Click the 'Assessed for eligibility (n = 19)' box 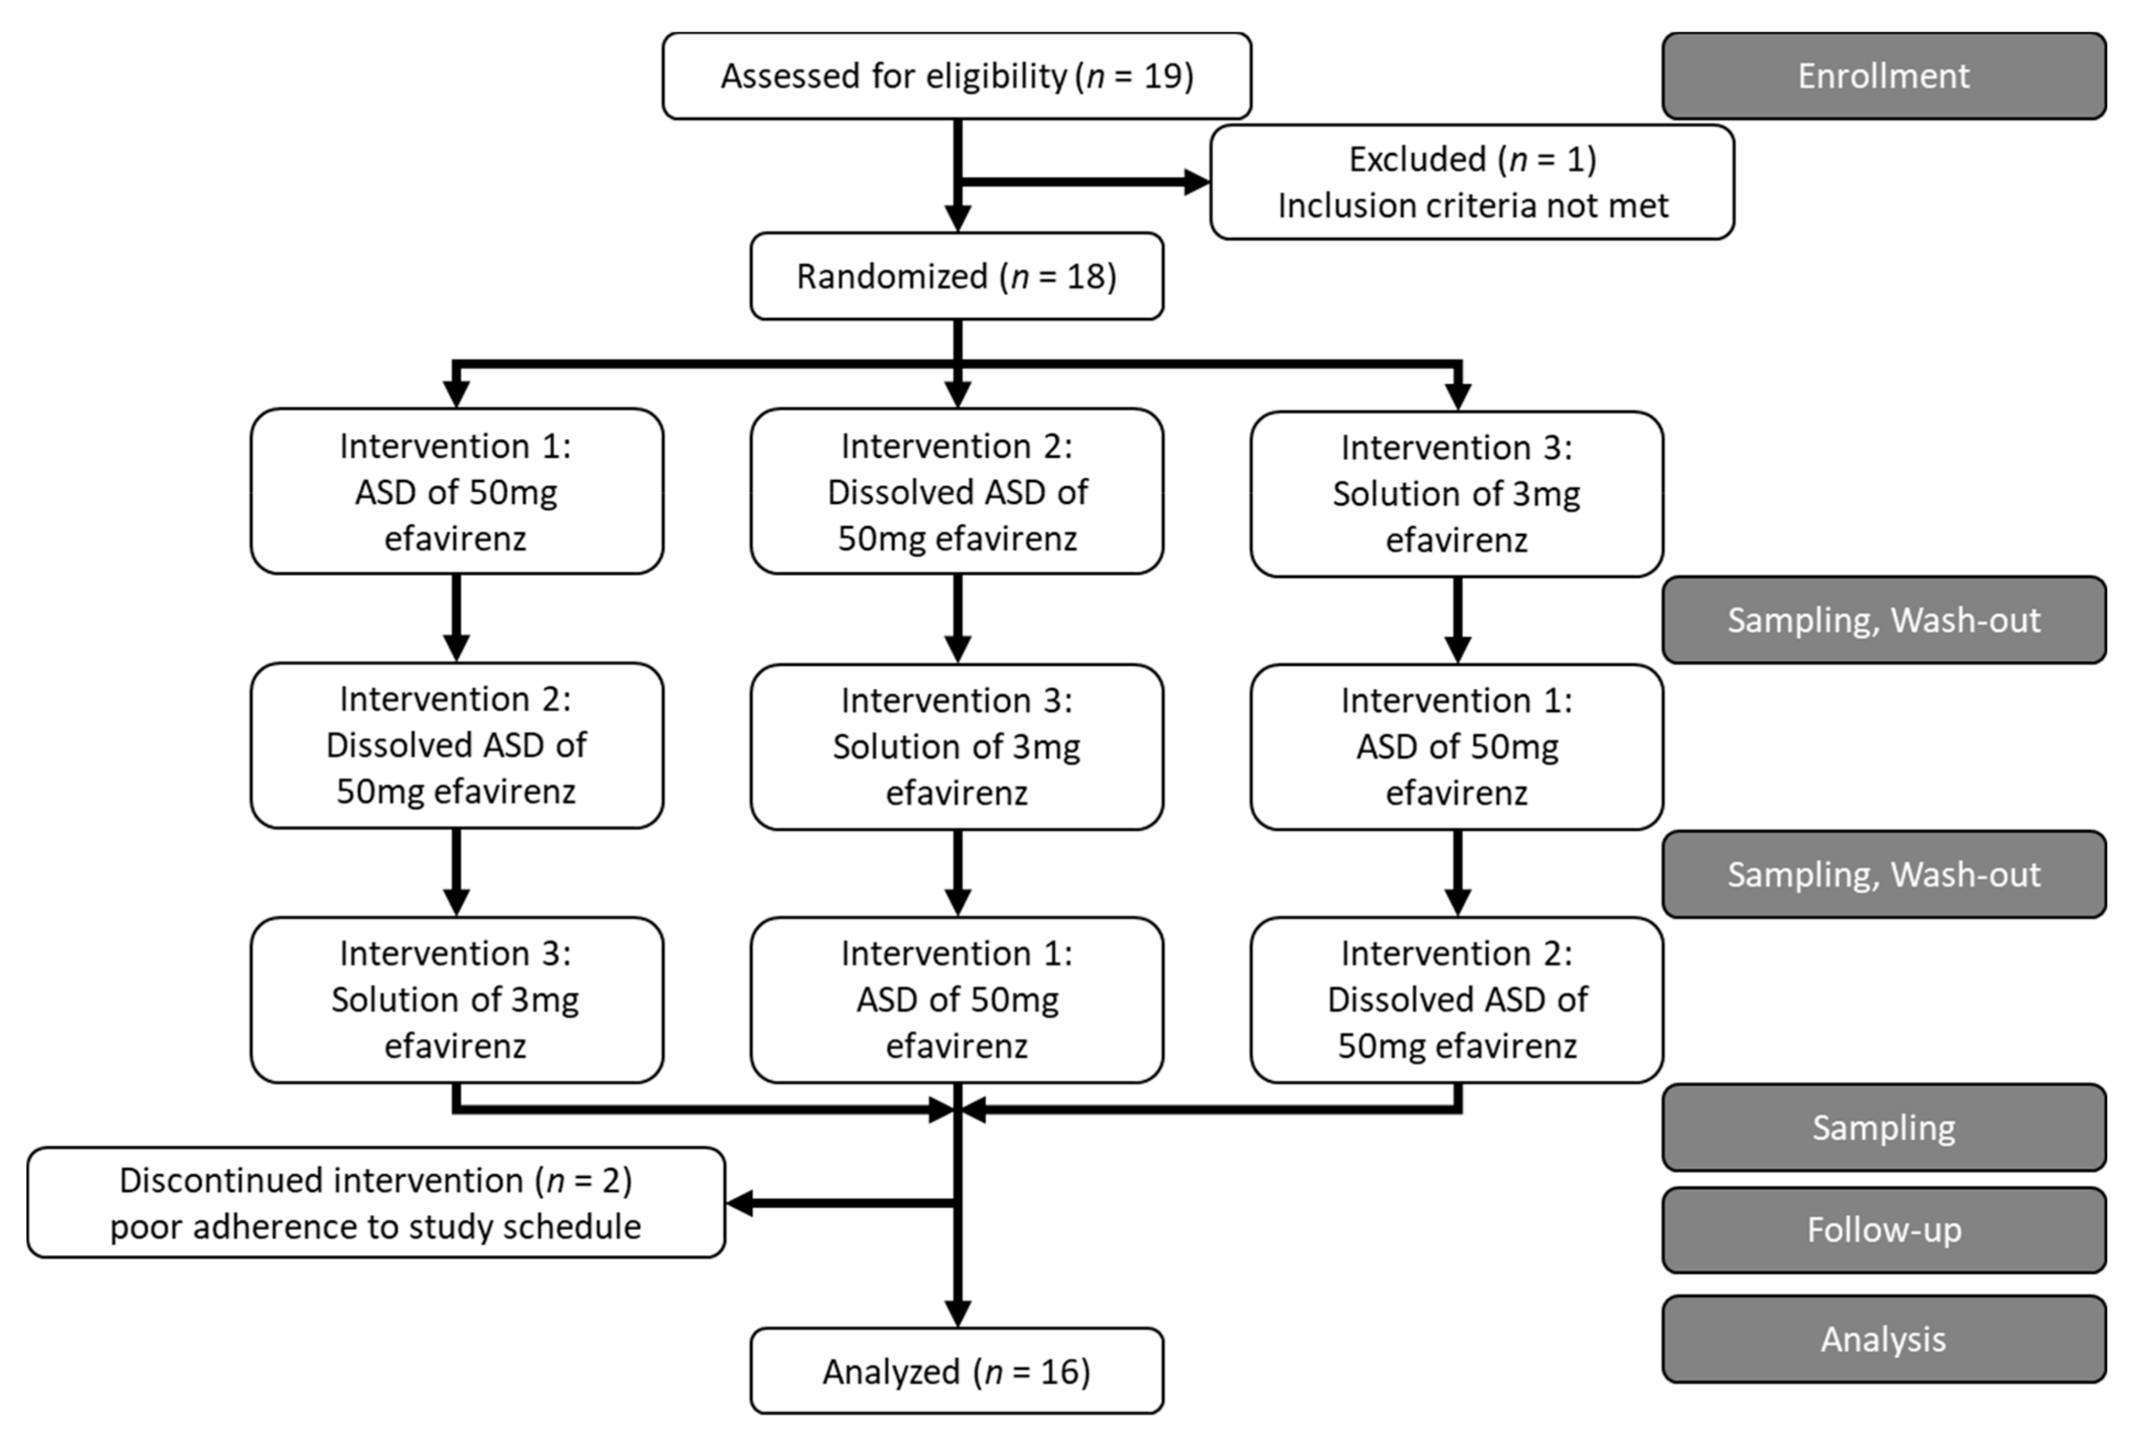(956, 76)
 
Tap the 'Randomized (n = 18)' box (956, 276)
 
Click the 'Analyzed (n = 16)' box (956, 1371)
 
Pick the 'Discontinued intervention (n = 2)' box (376, 1203)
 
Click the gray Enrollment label (1883, 76)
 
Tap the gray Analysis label (1883, 1339)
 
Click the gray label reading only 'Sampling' (1883, 1127)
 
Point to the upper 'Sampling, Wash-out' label (1883, 620)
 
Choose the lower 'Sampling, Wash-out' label (1883, 874)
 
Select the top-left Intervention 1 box (456, 492)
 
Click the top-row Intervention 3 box (1456, 493)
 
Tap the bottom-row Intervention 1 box (956, 999)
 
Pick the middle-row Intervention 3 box (956, 747)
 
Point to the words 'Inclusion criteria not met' (1473, 206)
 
